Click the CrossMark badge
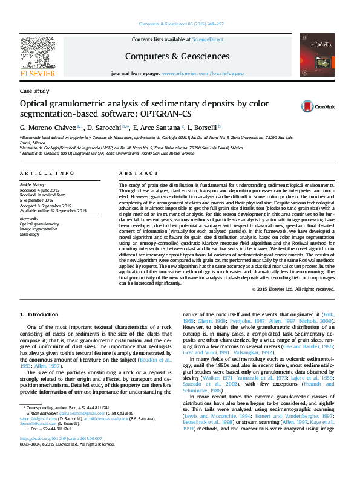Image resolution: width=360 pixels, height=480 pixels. tap(312, 106)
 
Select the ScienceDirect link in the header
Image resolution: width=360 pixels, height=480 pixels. tap(208, 39)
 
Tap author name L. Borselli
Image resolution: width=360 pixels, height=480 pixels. tap(203, 128)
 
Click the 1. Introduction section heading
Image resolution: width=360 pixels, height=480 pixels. tap(39, 314)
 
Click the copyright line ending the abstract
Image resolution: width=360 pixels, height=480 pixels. tap(293, 289)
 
